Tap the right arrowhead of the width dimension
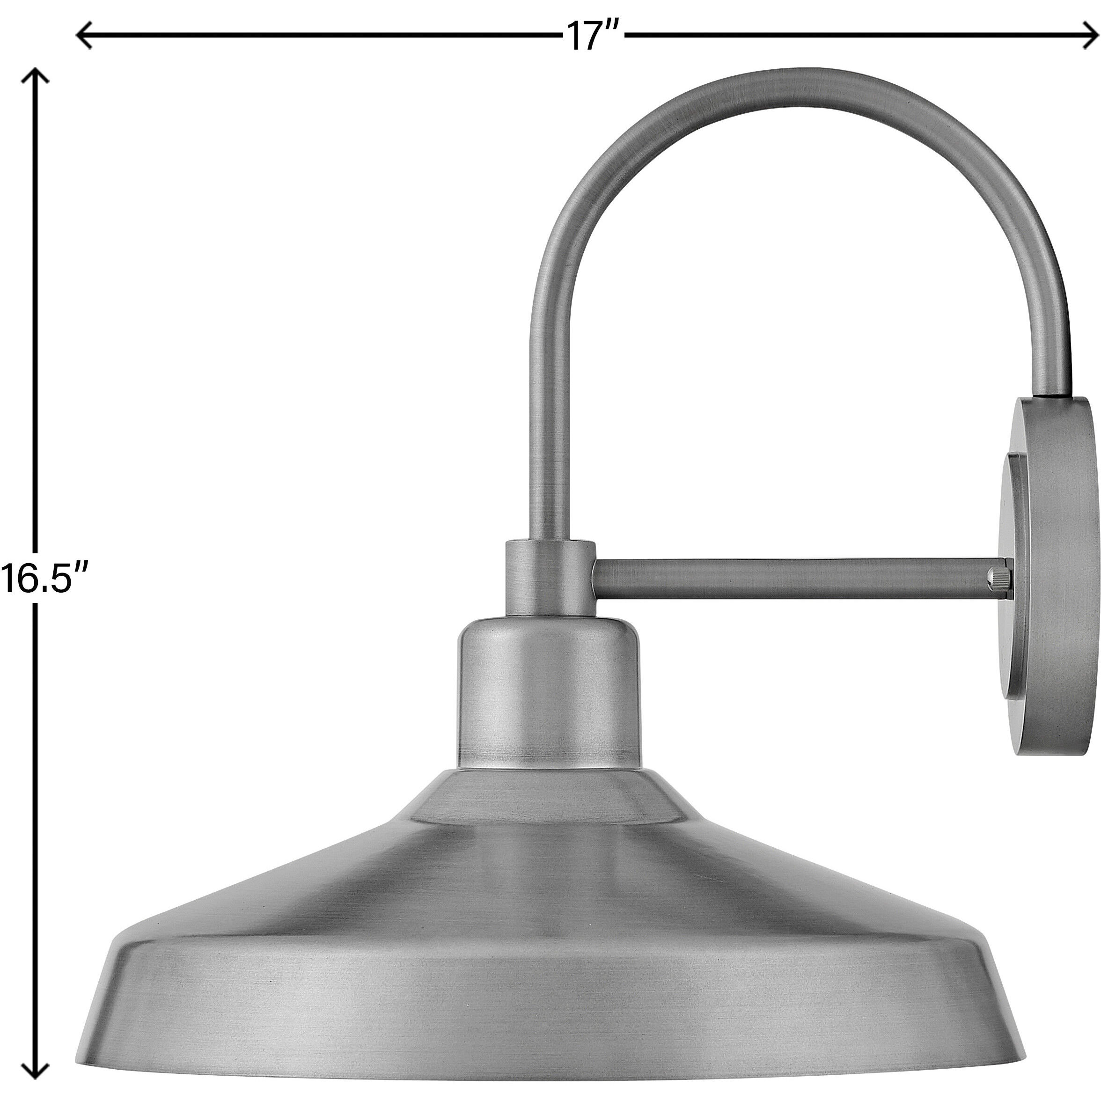(x=1091, y=37)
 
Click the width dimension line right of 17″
(x=855, y=37)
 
